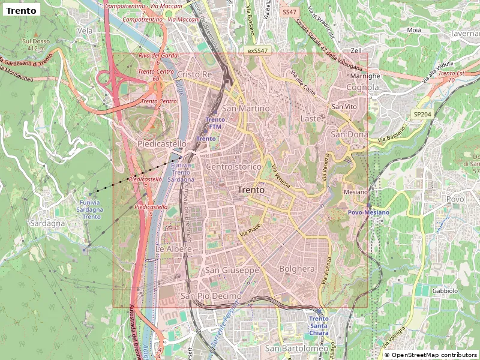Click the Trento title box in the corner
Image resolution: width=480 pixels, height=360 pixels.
pyautogui.click(x=22, y=10)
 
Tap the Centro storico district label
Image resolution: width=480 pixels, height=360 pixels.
pyautogui.click(x=233, y=166)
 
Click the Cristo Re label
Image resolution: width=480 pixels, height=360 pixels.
pyautogui.click(x=195, y=74)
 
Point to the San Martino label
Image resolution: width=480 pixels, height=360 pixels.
pyautogui.click(x=245, y=109)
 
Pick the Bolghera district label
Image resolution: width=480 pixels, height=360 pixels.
pyautogui.click(x=297, y=269)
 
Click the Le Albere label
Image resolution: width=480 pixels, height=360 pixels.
pyautogui.click(x=173, y=248)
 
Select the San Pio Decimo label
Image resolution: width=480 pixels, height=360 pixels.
pyautogui.click(x=211, y=296)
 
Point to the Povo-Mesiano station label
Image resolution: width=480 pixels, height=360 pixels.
pyautogui.click(x=369, y=212)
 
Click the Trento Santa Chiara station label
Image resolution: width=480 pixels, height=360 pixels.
pyautogui.click(x=319, y=326)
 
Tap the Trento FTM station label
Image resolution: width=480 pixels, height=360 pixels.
pyautogui.click(x=215, y=123)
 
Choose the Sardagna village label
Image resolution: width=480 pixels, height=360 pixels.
pyautogui.click(x=47, y=223)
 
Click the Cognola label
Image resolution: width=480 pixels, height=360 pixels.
pyautogui.click(x=363, y=88)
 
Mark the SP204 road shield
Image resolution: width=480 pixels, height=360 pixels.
pyautogui.click(x=422, y=114)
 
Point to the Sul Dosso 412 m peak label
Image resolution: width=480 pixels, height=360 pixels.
pyautogui.click(x=34, y=44)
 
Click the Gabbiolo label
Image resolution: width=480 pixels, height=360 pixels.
pyautogui.click(x=445, y=290)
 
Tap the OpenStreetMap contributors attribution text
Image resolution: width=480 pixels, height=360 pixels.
pyautogui.click(x=430, y=355)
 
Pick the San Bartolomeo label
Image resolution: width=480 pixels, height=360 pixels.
pyautogui.click(x=297, y=349)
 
